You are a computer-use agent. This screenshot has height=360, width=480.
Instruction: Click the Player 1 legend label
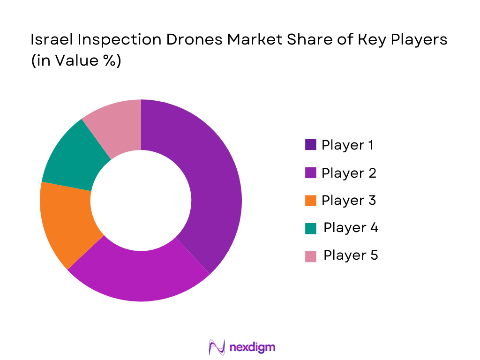point(347,145)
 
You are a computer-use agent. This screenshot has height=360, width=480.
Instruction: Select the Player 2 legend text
point(349,173)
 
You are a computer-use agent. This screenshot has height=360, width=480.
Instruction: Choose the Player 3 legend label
point(349,201)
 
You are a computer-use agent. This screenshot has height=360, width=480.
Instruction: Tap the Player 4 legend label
point(351,228)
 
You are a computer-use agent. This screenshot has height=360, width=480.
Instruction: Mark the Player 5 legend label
point(351,255)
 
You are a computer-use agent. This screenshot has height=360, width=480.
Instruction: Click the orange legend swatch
point(310,201)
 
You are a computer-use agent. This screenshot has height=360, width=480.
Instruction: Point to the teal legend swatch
point(310,228)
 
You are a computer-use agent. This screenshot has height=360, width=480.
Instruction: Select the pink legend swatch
point(310,256)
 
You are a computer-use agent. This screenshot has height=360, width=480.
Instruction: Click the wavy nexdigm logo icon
point(217,347)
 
